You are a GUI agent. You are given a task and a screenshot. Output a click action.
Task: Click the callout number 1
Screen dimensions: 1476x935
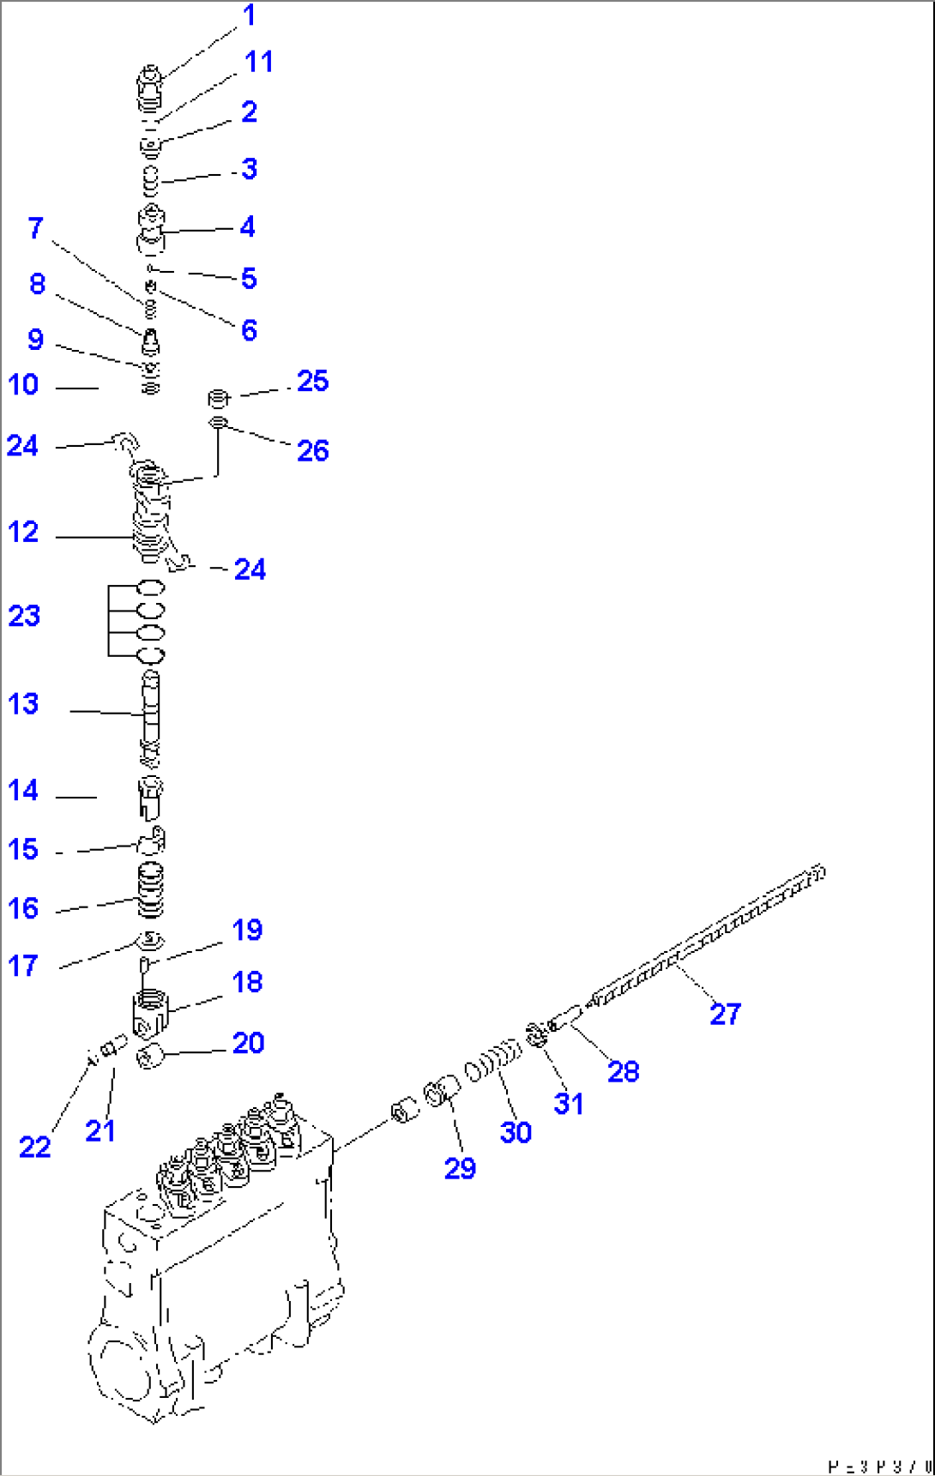[249, 15]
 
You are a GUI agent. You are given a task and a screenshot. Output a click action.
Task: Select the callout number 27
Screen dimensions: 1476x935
[725, 1014]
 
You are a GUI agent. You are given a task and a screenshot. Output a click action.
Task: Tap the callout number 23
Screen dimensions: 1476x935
[24, 616]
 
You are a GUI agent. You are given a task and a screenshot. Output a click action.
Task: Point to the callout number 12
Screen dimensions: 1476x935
[23, 532]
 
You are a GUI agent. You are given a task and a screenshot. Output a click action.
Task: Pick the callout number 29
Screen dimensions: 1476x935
[460, 1167]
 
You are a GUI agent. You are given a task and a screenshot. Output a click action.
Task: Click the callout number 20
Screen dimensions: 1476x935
[248, 1043]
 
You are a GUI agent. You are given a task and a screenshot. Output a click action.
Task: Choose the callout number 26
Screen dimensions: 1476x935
[312, 450]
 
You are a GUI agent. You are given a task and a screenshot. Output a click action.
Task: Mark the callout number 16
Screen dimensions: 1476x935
[23, 908]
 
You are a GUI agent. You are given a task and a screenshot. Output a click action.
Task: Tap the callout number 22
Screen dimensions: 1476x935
[34, 1147]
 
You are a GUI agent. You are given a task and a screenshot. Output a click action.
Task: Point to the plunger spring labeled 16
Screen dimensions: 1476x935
[150, 890]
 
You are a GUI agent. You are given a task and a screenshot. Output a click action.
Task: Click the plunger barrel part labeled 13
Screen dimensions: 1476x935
[150, 712]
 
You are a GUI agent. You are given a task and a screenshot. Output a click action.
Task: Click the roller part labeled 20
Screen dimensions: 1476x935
[150, 1057]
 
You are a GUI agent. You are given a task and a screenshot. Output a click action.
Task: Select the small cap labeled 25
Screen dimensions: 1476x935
[220, 398]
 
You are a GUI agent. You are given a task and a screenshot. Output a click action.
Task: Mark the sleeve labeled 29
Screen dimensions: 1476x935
[442, 1093]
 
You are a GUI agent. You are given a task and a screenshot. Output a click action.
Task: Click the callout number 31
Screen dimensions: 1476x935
[568, 1103]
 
